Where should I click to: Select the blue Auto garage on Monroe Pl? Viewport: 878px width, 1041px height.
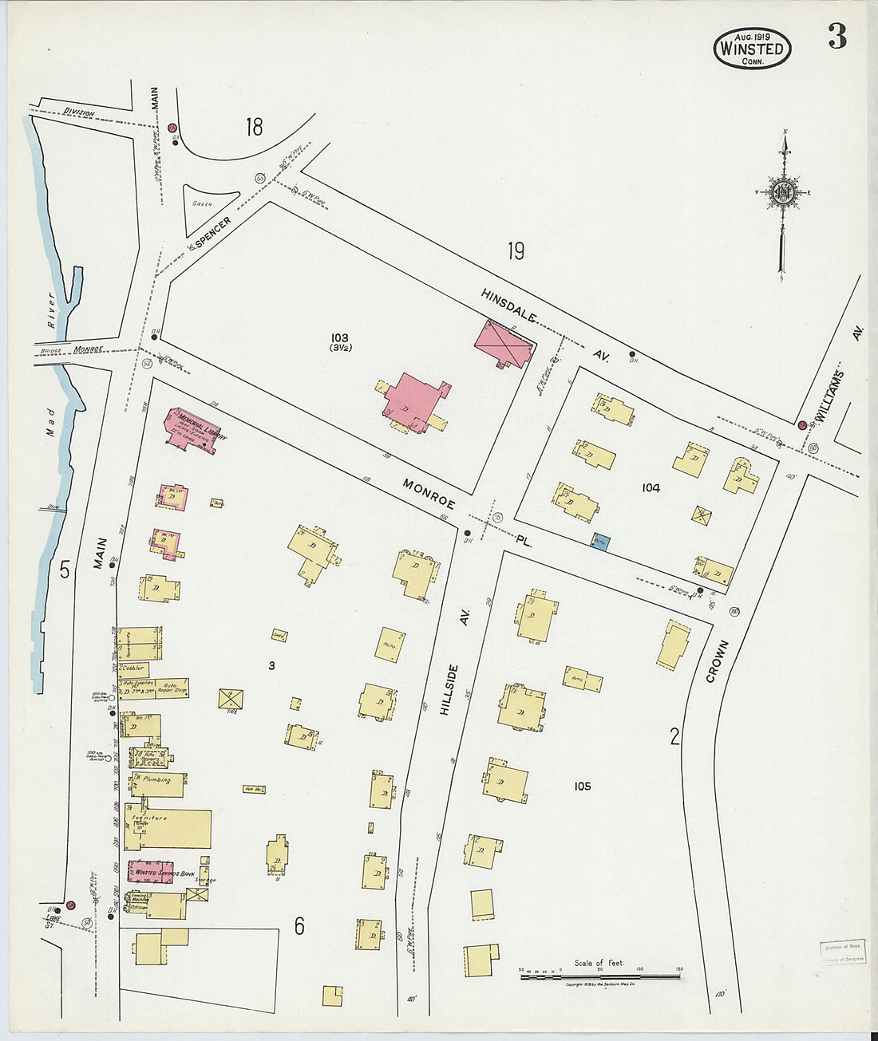pyautogui.click(x=599, y=542)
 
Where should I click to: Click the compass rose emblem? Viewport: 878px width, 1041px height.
pyautogui.click(x=783, y=192)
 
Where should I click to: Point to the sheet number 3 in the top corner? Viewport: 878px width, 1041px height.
pyautogui.click(x=836, y=37)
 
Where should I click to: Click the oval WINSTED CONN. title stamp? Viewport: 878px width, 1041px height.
pyautogui.click(x=751, y=48)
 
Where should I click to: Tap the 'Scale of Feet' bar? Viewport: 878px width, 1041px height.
pyautogui.click(x=599, y=975)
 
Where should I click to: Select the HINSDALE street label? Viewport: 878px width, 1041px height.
pyautogui.click(x=509, y=306)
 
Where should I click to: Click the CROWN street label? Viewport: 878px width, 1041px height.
pyautogui.click(x=716, y=662)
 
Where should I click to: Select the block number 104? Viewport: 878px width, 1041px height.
pyautogui.click(x=651, y=487)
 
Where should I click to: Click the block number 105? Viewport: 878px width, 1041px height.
pyautogui.click(x=582, y=787)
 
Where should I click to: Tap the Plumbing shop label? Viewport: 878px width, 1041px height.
pyautogui.click(x=156, y=779)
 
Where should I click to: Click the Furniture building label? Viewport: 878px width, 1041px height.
pyautogui.click(x=155, y=818)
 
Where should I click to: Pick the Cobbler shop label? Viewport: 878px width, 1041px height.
pyautogui.click(x=133, y=667)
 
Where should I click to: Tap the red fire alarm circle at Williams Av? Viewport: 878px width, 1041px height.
pyautogui.click(x=801, y=424)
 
